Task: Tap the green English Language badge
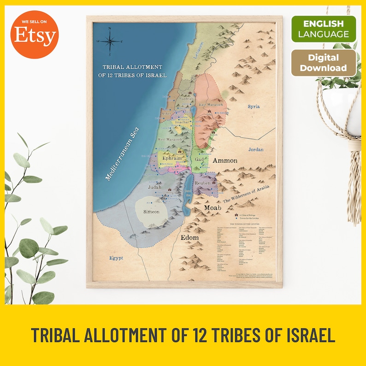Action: click(x=324, y=29)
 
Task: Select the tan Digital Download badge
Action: click(x=324, y=63)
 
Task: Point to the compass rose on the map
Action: click(x=110, y=41)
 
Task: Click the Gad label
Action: click(x=199, y=159)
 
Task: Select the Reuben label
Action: click(x=203, y=183)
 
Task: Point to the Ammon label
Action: click(x=225, y=160)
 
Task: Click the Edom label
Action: click(x=189, y=237)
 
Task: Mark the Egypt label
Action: click(x=116, y=258)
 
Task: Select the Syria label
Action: click(x=254, y=106)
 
